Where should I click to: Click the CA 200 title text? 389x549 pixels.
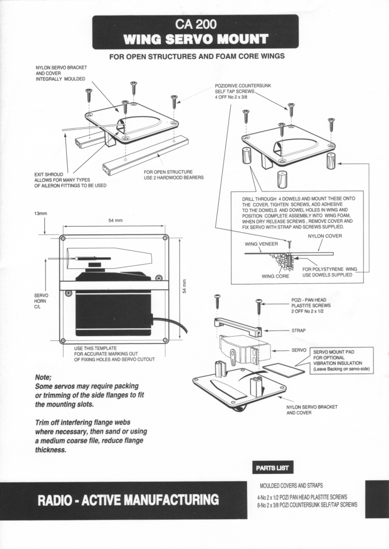[195, 24]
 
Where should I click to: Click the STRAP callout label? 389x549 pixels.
[300, 330]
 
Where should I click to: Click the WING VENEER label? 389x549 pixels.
[262, 243]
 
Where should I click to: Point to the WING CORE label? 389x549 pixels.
[276, 276]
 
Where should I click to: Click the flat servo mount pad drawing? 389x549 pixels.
[283, 370]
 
